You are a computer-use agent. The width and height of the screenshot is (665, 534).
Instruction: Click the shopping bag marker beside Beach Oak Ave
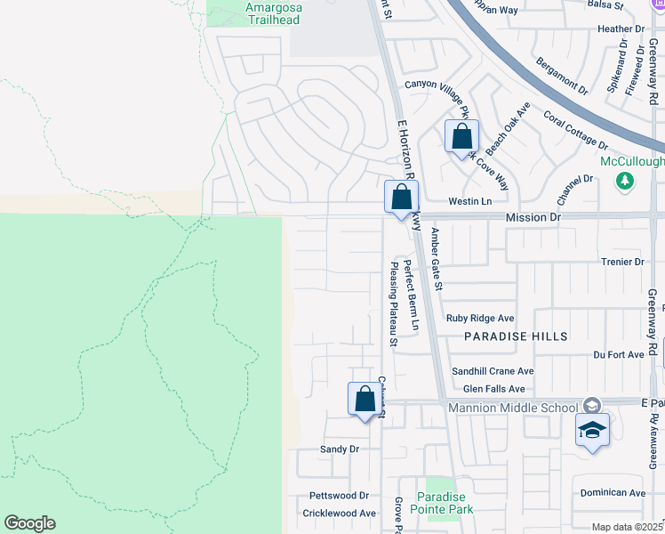click(x=461, y=138)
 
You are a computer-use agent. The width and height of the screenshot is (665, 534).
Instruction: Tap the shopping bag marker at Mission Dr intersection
click(x=401, y=198)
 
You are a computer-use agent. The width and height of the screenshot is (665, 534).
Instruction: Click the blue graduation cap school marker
click(x=592, y=430)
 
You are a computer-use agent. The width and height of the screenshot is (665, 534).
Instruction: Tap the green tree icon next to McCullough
click(x=625, y=181)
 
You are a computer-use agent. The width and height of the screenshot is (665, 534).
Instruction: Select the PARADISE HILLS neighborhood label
click(x=515, y=336)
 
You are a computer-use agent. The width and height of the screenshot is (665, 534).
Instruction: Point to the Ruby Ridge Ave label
click(x=481, y=318)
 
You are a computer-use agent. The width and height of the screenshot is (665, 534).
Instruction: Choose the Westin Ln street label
click(x=469, y=201)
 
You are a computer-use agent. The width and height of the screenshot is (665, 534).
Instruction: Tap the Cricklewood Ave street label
click(x=340, y=514)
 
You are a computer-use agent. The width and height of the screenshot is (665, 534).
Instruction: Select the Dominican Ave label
click(x=613, y=492)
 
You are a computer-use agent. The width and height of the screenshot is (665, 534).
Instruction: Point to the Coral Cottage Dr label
click(x=575, y=130)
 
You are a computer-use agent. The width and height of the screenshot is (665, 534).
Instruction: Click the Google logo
click(x=29, y=523)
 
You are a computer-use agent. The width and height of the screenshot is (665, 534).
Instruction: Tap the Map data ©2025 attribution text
click(x=627, y=527)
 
